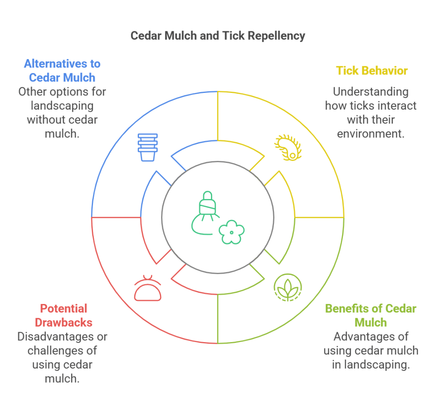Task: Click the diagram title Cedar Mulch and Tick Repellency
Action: click(218, 36)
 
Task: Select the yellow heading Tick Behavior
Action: click(371, 71)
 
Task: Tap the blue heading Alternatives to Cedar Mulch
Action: click(62, 71)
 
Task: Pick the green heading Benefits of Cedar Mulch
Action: click(370, 315)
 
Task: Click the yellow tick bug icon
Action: click(288, 148)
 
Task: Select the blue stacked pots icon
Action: click(147, 147)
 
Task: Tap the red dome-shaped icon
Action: click(147, 288)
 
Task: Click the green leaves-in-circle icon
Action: click(288, 288)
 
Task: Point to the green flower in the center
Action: click(232, 232)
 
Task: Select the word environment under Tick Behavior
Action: click(371, 134)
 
